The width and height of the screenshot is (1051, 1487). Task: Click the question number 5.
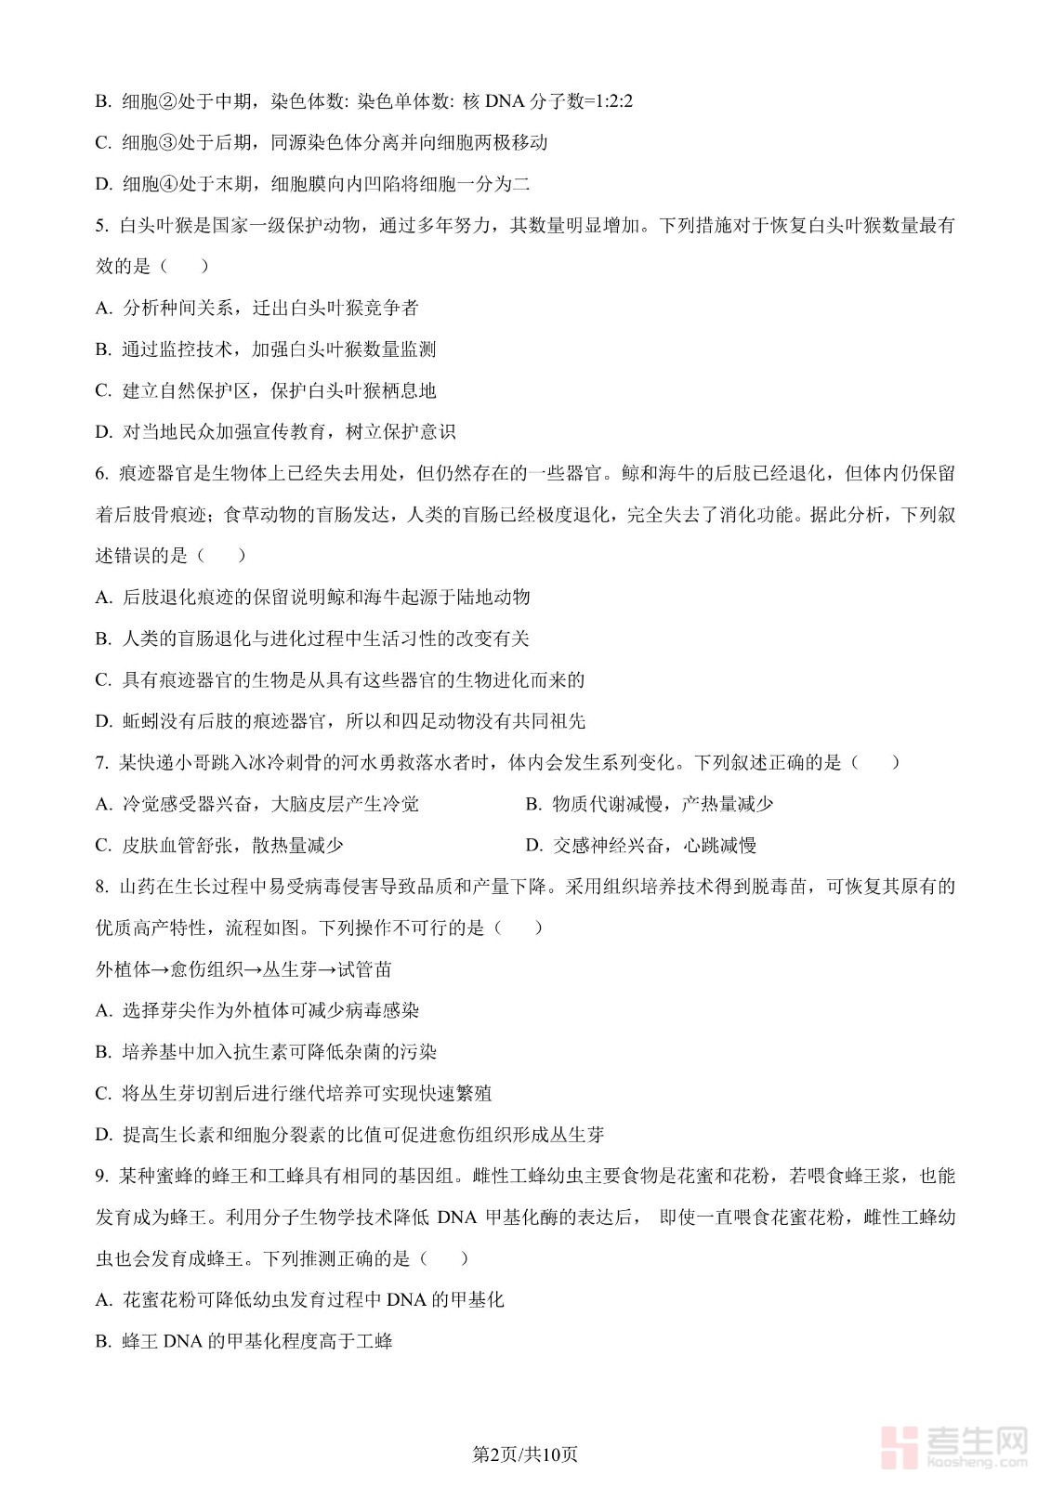(x=101, y=226)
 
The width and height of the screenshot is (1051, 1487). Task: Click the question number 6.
(x=101, y=474)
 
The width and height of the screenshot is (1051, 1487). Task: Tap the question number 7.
(x=101, y=763)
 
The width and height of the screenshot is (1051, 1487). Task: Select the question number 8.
(x=101, y=887)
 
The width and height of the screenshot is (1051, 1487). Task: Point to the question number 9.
(x=101, y=1177)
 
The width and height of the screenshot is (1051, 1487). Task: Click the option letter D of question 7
(x=532, y=846)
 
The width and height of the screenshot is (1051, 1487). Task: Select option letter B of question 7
(x=532, y=805)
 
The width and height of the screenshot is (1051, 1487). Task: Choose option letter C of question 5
(x=102, y=391)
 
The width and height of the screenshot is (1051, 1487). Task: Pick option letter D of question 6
(x=102, y=721)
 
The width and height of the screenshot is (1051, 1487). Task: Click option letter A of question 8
(x=102, y=1011)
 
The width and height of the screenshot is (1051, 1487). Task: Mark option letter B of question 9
(x=102, y=1342)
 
